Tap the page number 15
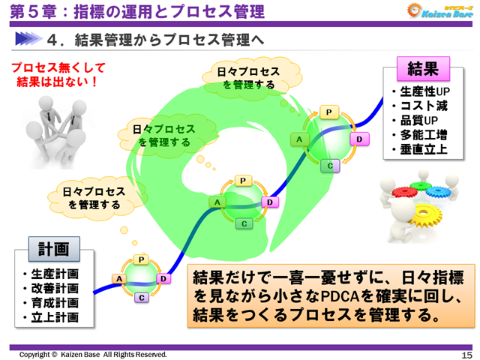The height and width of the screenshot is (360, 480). coord(466,354)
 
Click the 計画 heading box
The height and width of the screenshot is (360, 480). coord(54,248)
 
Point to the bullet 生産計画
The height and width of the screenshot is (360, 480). coord(55,274)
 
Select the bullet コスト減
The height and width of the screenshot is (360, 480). coord(424,106)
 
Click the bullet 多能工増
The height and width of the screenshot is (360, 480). coord(424,135)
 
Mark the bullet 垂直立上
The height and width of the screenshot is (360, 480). coord(424,149)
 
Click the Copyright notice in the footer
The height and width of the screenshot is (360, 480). coord(94,354)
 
